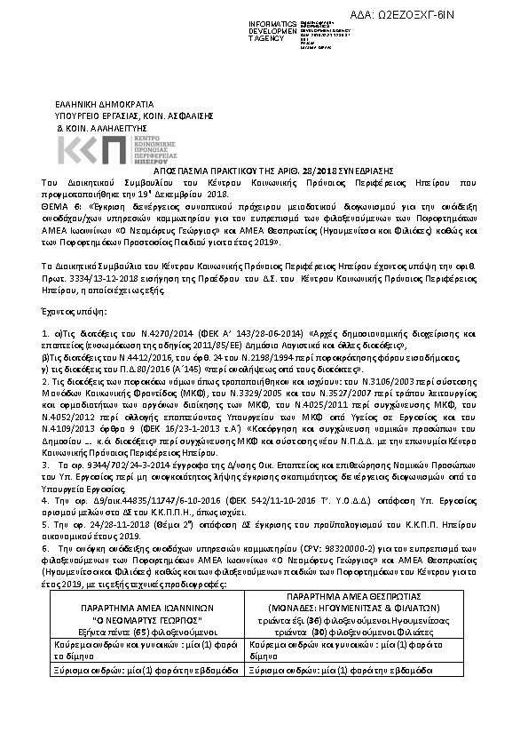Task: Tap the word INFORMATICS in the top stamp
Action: coord(271,20)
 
